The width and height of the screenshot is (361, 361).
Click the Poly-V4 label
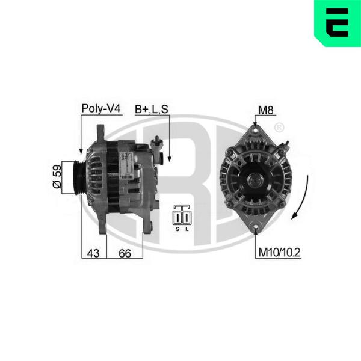101,109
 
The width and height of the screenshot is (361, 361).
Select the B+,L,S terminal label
152,110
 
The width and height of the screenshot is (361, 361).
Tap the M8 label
266,110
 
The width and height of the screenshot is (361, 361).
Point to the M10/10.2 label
280,253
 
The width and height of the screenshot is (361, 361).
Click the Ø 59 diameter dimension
57,176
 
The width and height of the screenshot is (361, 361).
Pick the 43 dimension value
93,253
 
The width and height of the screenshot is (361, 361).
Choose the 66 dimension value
125,253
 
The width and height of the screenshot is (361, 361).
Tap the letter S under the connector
177,229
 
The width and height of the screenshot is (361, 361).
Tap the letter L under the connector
187,229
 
